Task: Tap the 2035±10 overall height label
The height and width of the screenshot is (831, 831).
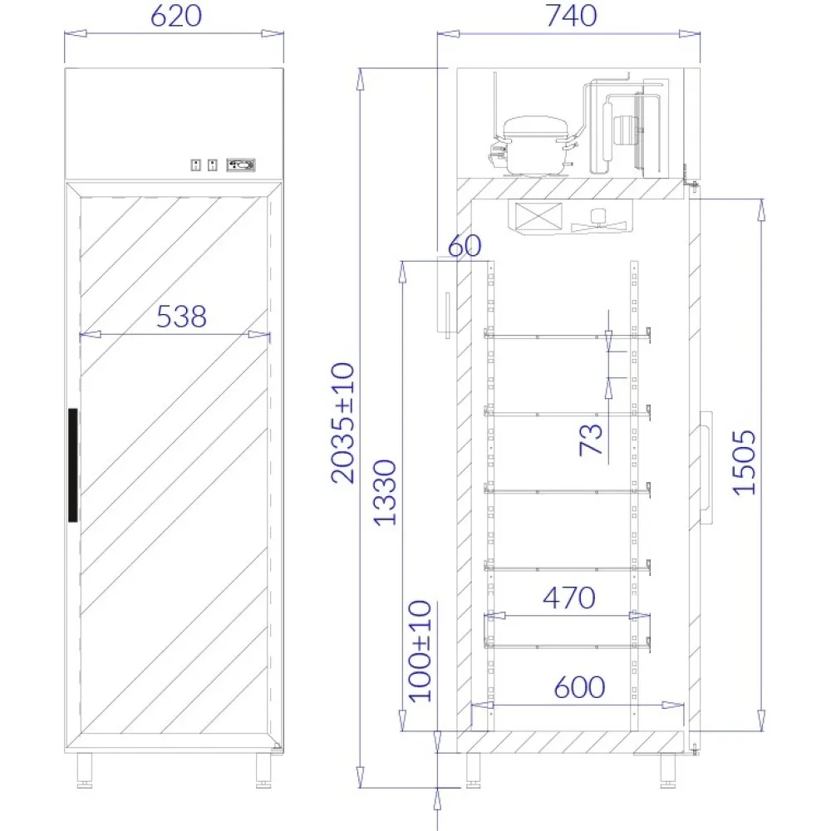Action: [x=342, y=422]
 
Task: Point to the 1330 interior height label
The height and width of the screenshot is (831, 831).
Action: [x=384, y=492]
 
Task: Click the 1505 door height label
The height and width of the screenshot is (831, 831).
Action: [x=745, y=463]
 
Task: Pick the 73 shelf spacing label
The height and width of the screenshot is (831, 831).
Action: [x=591, y=439]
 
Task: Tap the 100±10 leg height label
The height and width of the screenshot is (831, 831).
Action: [x=421, y=651]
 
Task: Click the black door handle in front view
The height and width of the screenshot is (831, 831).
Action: [x=72, y=465]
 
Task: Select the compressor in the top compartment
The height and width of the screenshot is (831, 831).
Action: [x=534, y=144]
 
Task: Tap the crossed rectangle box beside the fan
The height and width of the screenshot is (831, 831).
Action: [x=537, y=218]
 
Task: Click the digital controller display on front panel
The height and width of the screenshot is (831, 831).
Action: [x=242, y=165]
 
